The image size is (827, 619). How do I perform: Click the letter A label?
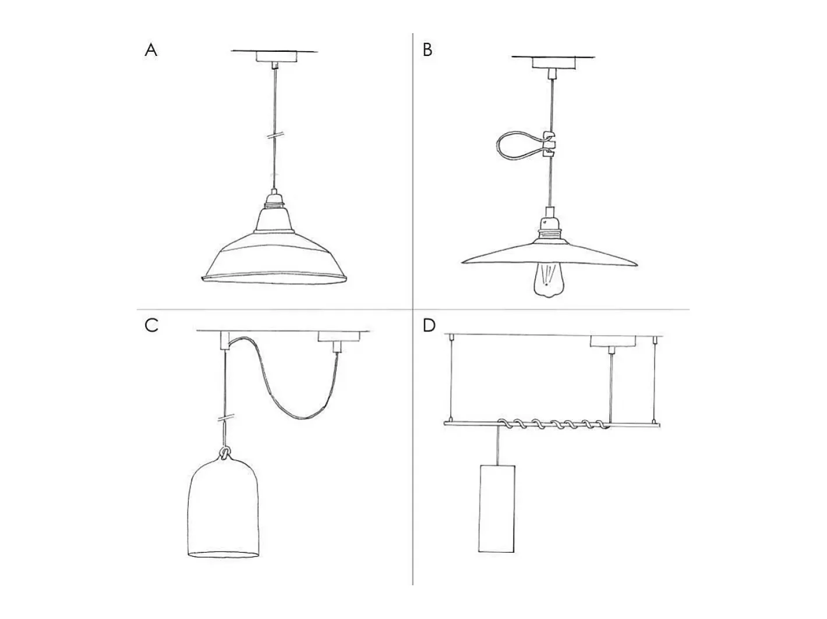click(151, 50)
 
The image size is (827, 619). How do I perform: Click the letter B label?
click(427, 50)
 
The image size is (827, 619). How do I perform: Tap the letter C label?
click(151, 325)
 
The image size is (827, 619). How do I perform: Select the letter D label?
click(429, 325)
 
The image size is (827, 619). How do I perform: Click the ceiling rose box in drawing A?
click(276, 57)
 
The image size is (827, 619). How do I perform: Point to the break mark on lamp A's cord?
click(275, 135)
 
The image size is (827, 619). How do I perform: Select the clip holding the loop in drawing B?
click(549, 144)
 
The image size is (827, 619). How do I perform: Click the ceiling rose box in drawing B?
click(554, 63)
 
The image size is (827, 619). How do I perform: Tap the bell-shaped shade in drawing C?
click(224, 508)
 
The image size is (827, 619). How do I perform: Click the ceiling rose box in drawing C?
click(339, 336)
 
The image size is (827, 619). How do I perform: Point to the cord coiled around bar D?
click(554, 425)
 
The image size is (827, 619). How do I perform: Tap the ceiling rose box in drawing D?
click(613, 341)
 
